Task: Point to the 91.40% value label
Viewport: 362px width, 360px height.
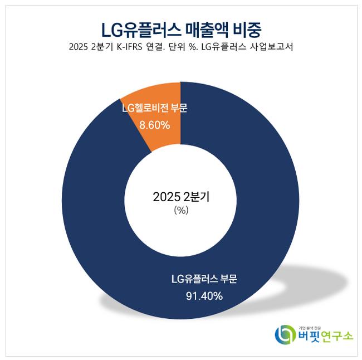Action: point(204,296)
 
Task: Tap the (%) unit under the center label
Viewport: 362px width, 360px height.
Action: point(180,211)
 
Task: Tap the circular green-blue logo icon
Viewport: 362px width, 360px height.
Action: point(286,334)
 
